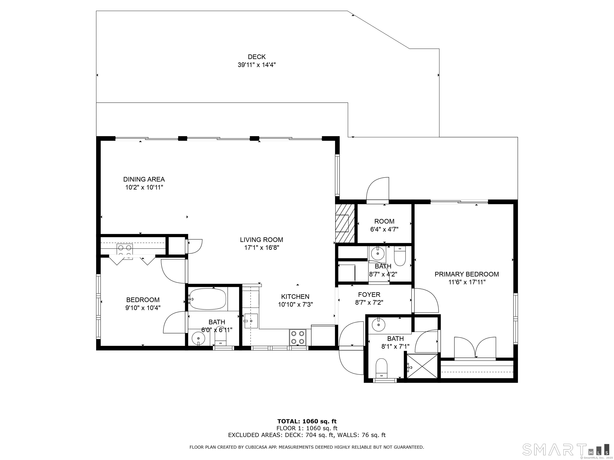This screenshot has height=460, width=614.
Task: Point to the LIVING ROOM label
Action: click(x=261, y=240)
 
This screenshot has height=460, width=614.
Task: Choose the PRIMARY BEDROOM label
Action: click(x=467, y=274)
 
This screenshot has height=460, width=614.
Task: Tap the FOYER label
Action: click(x=369, y=294)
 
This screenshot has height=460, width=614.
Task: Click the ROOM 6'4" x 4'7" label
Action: click(x=384, y=225)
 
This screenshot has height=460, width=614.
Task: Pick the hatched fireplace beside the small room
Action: click(x=345, y=223)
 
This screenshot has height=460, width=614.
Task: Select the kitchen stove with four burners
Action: click(x=298, y=337)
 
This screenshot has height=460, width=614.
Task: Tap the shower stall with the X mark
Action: click(x=422, y=366)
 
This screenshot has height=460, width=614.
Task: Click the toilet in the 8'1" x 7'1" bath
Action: click(x=381, y=368)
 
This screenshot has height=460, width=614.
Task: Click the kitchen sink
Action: click(x=251, y=321)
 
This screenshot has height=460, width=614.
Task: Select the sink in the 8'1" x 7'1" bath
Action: click(x=378, y=325)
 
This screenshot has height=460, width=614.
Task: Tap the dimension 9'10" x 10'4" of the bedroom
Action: click(x=143, y=308)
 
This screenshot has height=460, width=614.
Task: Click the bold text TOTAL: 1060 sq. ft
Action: click(x=307, y=422)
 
